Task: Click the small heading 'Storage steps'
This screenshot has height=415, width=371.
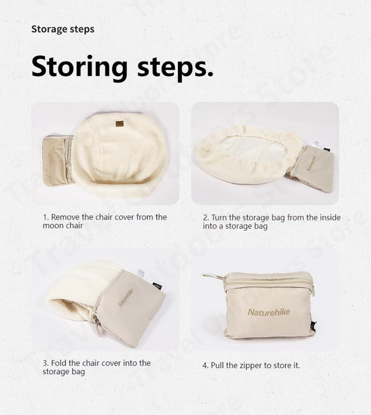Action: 63,29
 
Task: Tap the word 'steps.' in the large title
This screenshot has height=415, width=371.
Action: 175,66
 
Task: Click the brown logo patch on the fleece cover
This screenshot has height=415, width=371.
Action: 119,124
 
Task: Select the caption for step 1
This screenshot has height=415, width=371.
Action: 104,221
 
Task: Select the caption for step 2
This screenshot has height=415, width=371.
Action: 272,222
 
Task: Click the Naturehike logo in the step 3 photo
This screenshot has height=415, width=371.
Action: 126,297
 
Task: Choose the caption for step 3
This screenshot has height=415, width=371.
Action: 97,367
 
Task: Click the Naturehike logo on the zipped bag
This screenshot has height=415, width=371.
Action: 269,312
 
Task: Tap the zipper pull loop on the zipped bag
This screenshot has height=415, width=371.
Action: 210,276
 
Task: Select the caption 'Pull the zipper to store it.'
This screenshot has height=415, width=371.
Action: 251,365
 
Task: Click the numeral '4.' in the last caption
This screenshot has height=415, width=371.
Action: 205,365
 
